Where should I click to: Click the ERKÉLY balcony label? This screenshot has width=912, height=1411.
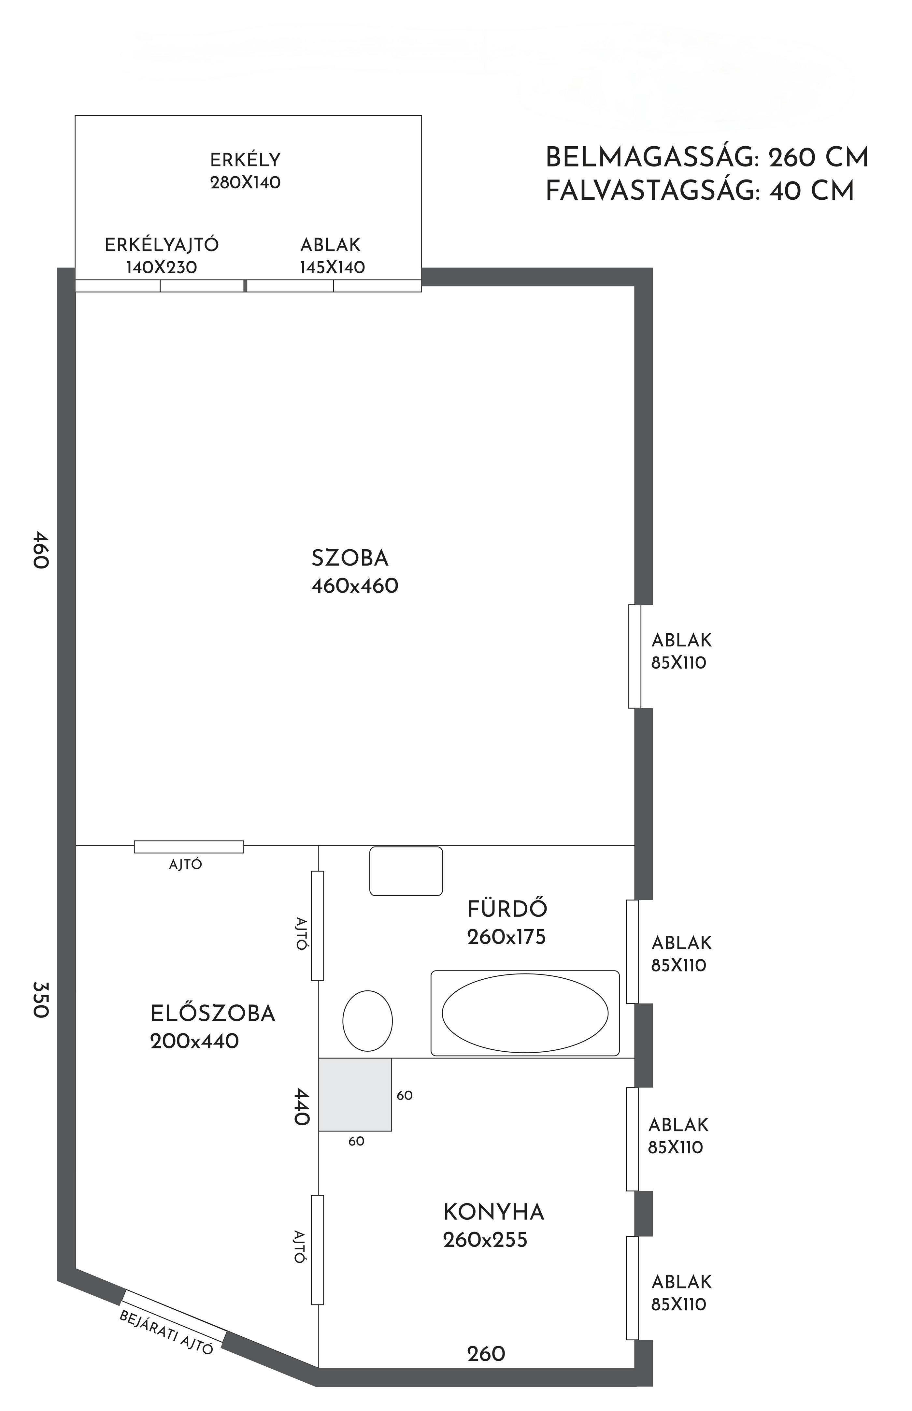(245, 160)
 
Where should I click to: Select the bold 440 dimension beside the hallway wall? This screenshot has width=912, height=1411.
(301, 1106)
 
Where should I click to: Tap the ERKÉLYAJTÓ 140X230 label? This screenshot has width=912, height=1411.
(162, 256)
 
